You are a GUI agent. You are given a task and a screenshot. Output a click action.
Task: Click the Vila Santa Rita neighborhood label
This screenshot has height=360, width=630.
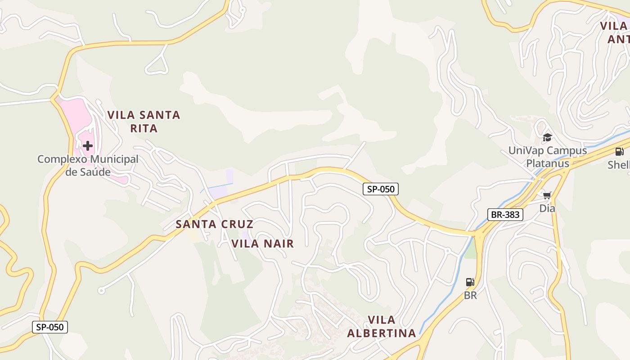click(144, 121)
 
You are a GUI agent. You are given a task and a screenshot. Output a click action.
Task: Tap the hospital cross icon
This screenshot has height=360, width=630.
click(88, 145)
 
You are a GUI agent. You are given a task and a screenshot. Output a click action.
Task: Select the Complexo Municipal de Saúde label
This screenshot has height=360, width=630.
click(88, 165)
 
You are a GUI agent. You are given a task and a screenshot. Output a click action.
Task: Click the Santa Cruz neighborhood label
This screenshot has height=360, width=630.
click(214, 224)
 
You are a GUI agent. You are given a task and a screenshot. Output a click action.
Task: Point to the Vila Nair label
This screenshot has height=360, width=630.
click(263, 244)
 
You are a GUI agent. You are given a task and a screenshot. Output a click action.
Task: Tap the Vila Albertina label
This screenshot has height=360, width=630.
click(382, 327)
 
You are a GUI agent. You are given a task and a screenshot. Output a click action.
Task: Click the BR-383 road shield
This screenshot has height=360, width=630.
click(505, 215)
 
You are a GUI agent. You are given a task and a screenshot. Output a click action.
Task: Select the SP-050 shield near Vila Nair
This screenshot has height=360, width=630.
click(381, 189)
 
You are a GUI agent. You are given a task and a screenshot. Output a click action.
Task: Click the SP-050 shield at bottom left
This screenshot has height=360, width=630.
click(50, 327)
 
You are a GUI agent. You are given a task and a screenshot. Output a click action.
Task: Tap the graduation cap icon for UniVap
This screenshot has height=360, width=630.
click(547, 137)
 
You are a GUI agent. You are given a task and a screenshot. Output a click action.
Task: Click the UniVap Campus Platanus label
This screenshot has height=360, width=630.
click(548, 157)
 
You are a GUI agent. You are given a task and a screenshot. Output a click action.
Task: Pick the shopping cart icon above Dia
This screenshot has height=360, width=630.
click(547, 195)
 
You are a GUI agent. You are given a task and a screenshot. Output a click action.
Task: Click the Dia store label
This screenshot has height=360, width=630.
click(547, 208)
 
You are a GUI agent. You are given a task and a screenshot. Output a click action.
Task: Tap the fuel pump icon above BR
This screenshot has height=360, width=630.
click(470, 282)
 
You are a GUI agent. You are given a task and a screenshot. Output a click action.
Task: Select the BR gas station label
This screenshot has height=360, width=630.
click(470, 296)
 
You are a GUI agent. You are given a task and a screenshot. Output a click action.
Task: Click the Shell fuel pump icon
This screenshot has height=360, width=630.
click(619, 152)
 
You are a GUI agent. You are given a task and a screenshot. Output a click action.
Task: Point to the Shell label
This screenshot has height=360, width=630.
click(619, 165)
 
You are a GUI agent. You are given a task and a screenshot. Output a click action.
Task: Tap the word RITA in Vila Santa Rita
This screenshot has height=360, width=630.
click(144, 129)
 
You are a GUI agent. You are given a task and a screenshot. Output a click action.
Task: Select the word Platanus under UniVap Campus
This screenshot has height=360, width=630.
click(548, 163)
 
